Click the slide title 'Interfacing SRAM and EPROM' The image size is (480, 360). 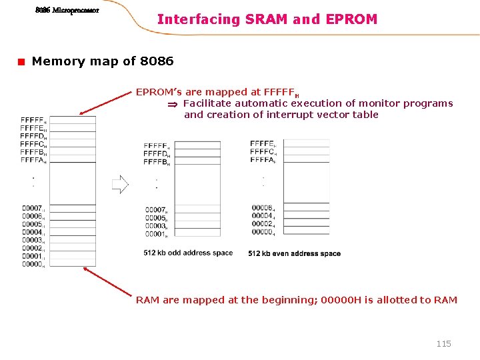[267, 19]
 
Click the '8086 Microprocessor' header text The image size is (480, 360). [67, 11]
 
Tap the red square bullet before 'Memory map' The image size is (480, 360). [21, 62]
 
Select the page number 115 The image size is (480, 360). [443, 343]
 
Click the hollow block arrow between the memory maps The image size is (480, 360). [120, 184]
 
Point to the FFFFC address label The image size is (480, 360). [33, 144]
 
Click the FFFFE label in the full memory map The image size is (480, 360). [33, 128]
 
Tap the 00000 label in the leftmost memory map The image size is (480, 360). [32, 265]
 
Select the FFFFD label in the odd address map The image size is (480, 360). [156, 154]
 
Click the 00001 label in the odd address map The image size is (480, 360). [156, 234]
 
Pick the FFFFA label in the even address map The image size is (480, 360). [263, 160]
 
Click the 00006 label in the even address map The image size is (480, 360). [263, 208]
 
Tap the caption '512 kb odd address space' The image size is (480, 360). [188, 253]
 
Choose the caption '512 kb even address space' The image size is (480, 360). [294, 253]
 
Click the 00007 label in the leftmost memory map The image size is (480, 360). [32, 209]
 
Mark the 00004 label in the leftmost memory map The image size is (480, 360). [32, 233]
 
